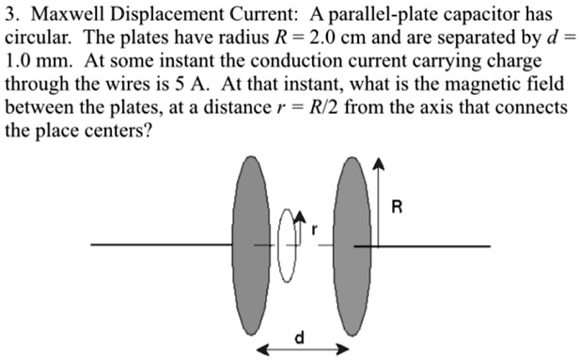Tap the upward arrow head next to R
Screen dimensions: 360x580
(x=378, y=164)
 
